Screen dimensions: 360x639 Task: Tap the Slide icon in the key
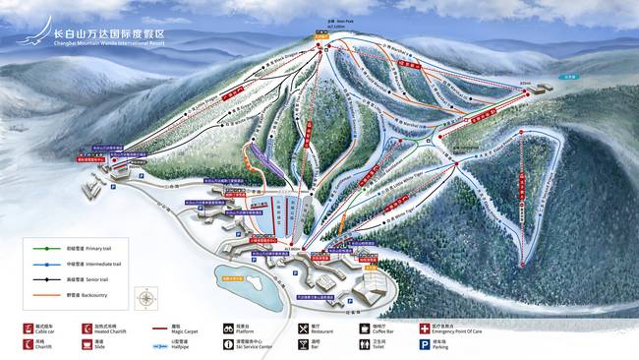tap(87, 345)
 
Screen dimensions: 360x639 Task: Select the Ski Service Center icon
tap(227, 345)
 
